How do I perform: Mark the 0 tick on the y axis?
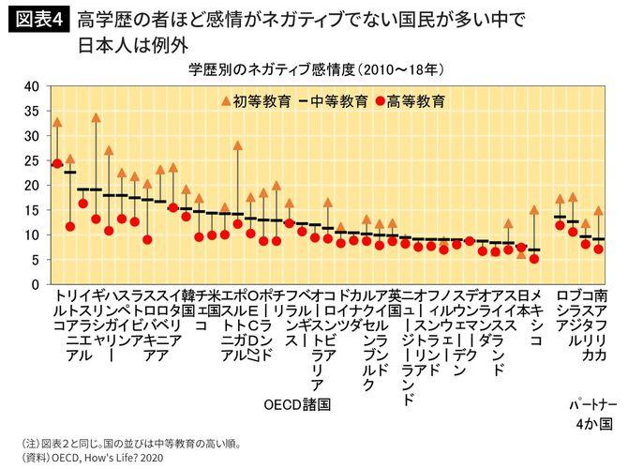point(34,284)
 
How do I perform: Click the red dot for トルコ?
point(57,163)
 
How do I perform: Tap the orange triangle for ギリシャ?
point(96,118)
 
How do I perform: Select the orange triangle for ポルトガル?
point(276,186)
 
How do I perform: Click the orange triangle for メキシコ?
point(534,210)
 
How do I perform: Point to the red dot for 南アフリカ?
point(598,249)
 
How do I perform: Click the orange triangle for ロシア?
point(560,199)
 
